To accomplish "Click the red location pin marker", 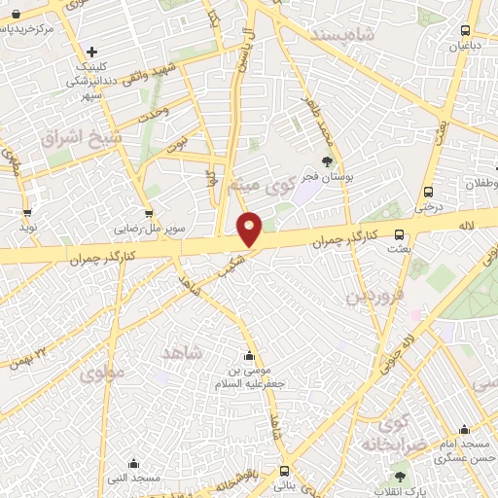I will point(250,229).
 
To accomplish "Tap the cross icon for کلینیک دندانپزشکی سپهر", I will point(92,52).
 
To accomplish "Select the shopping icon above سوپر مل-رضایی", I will point(148,213).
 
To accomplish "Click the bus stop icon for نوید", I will point(26,212).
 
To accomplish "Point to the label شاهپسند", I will point(341,33).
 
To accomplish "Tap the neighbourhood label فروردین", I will point(374,293).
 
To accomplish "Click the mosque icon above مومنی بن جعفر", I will point(251,354).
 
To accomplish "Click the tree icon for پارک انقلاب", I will point(398,476).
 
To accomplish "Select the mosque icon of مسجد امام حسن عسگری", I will point(464,429).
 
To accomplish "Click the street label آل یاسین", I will point(237,49).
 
